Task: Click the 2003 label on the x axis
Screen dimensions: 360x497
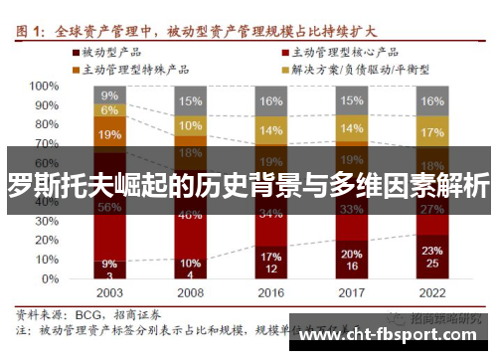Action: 109,293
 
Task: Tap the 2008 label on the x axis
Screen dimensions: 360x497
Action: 189,293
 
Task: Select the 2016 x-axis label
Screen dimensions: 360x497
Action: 270,293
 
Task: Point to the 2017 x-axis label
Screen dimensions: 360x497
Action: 351,293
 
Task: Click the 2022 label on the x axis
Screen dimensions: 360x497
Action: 431,293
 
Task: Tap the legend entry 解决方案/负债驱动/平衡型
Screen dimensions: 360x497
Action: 354,70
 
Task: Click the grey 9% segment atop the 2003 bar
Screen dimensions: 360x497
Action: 109,95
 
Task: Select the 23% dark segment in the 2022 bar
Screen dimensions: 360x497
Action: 431,254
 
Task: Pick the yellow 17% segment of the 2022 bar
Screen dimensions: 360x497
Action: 431,131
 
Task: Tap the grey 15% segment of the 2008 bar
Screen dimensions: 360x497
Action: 189,100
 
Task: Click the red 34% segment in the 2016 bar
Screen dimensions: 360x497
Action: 270,213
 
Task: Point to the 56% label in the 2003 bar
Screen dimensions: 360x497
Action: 109,207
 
